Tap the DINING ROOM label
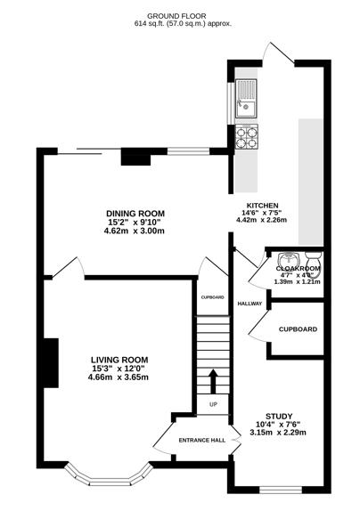[135, 214]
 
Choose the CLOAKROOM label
[299, 268]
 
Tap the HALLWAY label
[250, 304]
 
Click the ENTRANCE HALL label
[201, 441]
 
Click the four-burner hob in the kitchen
[246, 136]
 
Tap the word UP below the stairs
[213, 404]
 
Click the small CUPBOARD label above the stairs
[212, 297]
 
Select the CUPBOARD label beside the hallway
[298, 329]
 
